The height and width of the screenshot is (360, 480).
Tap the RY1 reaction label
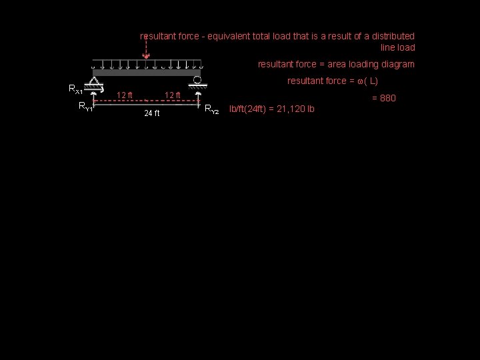tap(85, 106)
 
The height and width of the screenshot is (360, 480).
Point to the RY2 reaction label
tap(211, 109)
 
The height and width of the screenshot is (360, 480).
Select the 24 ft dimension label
tap(152, 113)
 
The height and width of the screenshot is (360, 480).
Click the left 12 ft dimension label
tap(125, 95)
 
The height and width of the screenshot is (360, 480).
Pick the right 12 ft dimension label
tap(173, 95)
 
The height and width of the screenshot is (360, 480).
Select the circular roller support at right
tap(197, 81)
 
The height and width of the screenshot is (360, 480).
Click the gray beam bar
tap(147, 72)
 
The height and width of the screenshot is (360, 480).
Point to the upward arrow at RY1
tap(95, 100)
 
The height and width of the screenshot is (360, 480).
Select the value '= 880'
tap(383, 98)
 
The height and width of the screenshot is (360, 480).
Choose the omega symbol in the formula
tap(360, 81)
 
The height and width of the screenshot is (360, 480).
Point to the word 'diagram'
tap(398, 64)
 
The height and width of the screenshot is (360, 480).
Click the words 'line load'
tap(397, 47)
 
